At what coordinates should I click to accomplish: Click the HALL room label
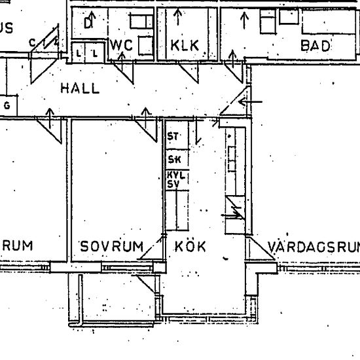click(81, 88)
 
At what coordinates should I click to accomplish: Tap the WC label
click(124, 45)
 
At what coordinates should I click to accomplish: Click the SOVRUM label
click(111, 247)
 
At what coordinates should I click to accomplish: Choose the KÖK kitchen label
click(190, 247)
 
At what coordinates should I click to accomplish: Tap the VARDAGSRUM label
click(314, 247)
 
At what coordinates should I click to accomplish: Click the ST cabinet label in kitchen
click(173, 137)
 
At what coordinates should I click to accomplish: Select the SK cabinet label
click(174, 160)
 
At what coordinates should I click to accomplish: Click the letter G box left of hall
click(8, 105)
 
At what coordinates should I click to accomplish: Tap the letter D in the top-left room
click(88, 24)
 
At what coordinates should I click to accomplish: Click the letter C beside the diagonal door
click(31, 43)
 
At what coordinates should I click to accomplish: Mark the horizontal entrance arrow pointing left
click(252, 102)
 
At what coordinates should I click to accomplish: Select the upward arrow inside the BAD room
click(244, 20)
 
